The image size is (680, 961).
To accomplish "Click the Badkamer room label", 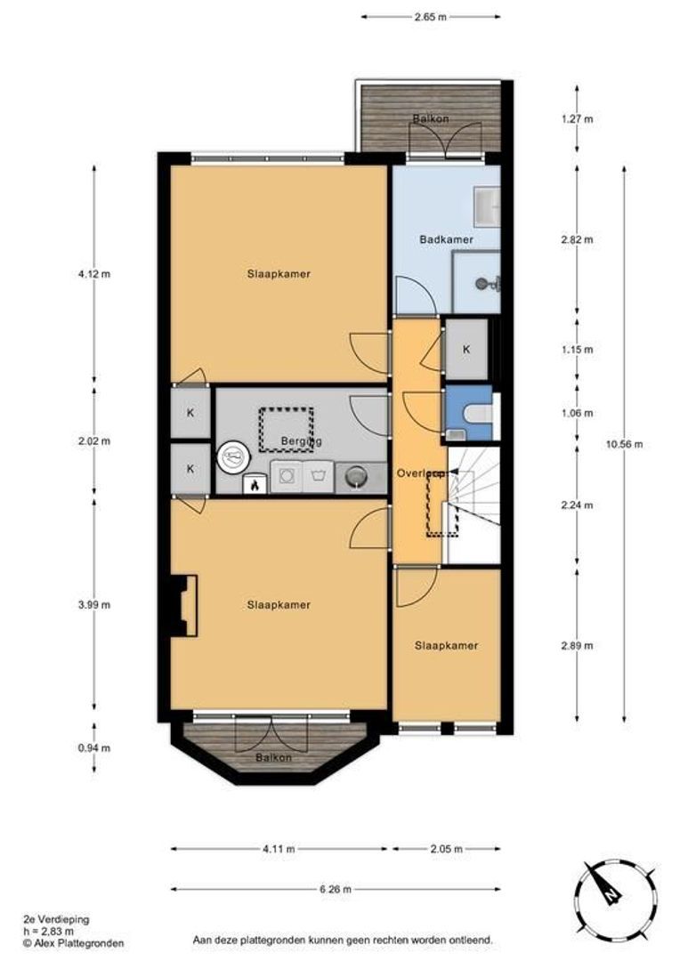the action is point(446,239).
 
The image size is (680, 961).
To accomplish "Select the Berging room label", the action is point(301,441).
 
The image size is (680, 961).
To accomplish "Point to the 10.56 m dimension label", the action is point(624,444).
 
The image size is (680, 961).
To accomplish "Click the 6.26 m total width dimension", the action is point(336,889).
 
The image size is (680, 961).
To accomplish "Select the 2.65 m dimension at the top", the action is point(431,17).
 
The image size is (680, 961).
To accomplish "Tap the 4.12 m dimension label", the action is point(93,274).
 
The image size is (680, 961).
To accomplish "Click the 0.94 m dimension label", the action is point(93,747).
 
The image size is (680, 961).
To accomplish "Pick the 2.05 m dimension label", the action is point(447,849).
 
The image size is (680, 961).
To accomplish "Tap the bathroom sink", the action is point(487,207).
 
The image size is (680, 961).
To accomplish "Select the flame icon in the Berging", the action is point(255,485).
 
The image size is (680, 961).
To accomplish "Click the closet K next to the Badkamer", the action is point(466,350).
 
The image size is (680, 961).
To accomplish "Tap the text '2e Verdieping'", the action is point(56,919).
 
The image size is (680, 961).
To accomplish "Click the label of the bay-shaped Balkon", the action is point(273,757).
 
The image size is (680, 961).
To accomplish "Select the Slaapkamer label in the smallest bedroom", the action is point(446,645).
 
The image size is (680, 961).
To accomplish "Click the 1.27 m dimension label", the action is point(577,119).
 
